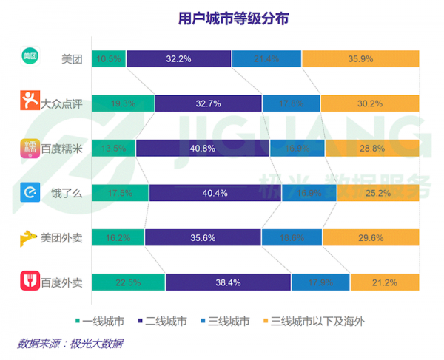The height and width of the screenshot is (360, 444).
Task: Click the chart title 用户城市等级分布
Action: pyautogui.click(x=223, y=18)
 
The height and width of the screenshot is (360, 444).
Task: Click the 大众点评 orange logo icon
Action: pyautogui.click(x=30, y=101)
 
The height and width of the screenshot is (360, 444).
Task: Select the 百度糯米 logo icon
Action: pyautogui.click(x=30, y=148)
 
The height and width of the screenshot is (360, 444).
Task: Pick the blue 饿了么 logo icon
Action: pyautogui.click(x=30, y=192)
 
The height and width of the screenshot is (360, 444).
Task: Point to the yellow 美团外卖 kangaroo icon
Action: pyautogui.click(x=30, y=237)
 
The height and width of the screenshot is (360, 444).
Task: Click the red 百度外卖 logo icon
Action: pyautogui.click(x=30, y=282)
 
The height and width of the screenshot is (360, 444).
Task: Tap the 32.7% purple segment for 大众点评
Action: pyautogui.click(x=208, y=104)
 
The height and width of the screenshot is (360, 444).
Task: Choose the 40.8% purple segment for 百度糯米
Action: pyautogui.click(x=203, y=149)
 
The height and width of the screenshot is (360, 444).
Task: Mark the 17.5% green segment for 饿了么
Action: pyautogui.click(x=120, y=193)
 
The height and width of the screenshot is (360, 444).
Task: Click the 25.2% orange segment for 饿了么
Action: pyautogui.click(x=378, y=193)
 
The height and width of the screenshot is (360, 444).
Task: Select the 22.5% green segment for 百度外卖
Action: pyautogui.click(x=129, y=282)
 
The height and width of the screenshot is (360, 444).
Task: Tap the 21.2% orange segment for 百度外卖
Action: pyautogui.click(x=385, y=282)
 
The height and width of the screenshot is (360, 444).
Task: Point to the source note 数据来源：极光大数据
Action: pyautogui.click(x=70, y=343)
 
